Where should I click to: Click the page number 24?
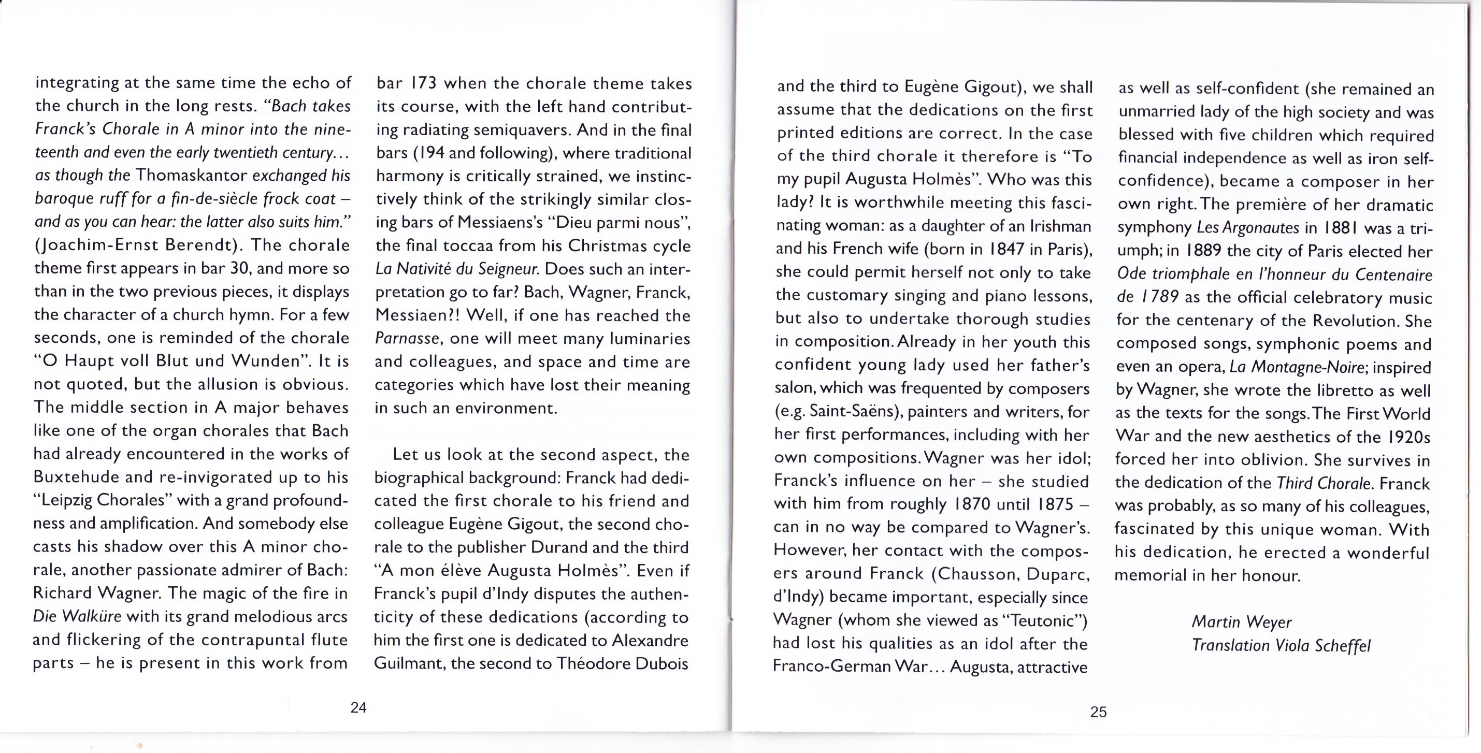coord(358,707)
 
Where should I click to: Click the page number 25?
coord(1098,712)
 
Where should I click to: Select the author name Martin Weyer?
coord(1241,622)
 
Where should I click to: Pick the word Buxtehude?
coord(78,477)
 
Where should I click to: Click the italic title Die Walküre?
coord(77,616)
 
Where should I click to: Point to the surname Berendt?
coord(199,245)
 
